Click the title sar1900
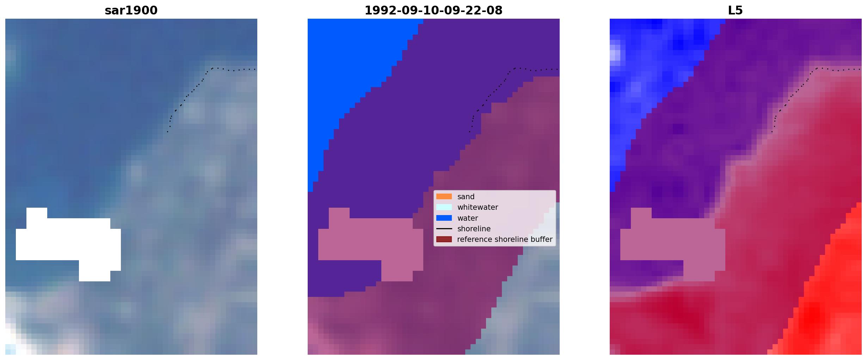[131, 11]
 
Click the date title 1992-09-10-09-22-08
[433, 11]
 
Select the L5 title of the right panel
[736, 11]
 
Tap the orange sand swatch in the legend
[444, 196]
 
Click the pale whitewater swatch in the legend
[444, 207]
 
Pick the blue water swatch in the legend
[444, 218]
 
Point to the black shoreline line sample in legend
[444, 229]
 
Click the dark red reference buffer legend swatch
[444, 239]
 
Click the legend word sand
[466, 197]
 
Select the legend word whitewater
[478, 207]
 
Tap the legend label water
[468, 218]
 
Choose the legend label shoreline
[474, 229]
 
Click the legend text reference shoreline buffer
[505, 239]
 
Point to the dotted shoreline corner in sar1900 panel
[212, 68]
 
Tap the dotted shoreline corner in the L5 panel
[817, 68]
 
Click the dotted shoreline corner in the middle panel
[515, 68]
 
